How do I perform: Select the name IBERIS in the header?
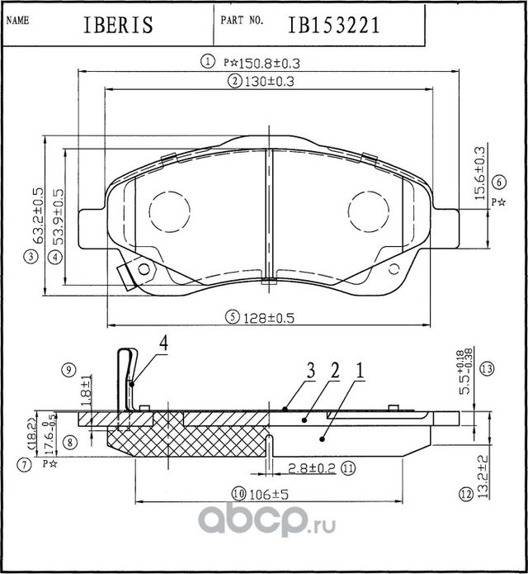pyautogui.click(x=119, y=26)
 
